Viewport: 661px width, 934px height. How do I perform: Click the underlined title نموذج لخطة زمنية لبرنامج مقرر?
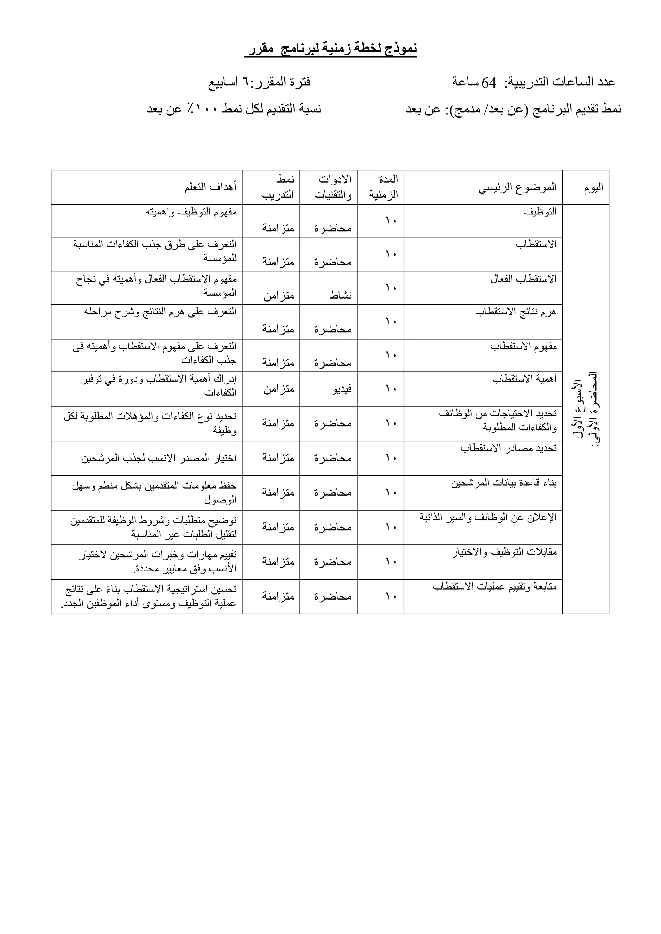click(330, 49)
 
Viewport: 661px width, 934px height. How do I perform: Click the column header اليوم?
click(593, 187)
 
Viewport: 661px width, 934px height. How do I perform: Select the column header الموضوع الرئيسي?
click(517, 187)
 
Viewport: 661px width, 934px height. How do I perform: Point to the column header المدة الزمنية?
click(383, 187)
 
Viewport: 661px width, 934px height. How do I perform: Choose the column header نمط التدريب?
click(278, 187)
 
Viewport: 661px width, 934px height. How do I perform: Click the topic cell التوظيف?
click(540, 212)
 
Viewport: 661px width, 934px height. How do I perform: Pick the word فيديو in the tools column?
click(341, 389)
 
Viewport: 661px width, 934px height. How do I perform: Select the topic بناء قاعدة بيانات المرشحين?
click(503, 483)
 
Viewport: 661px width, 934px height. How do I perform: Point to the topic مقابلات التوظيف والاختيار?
click(504, 552)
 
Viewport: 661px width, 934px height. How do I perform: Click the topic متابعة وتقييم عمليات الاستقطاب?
click(494, 587)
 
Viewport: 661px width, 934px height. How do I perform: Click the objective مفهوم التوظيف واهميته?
click(191, 212)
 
